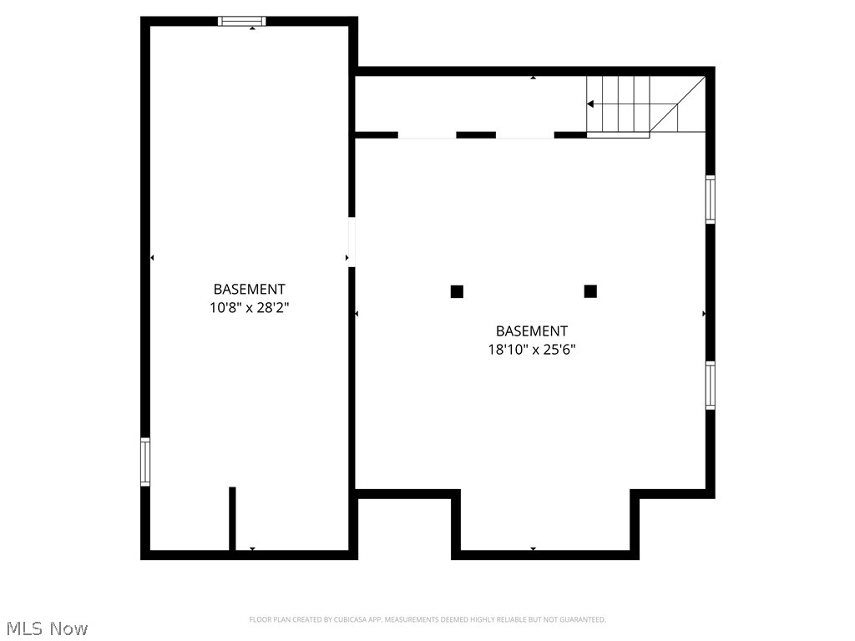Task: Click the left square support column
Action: (x=457, y=291)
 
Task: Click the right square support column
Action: (x=590, y=291)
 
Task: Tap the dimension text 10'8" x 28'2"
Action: (x=249, y=307)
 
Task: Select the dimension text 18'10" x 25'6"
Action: (x=532, y=350)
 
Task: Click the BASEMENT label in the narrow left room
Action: (x=249, y=290)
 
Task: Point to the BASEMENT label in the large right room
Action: (x=532, y=331)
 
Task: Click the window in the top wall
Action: (x=242, y=21)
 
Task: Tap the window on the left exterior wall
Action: (x=145, y=462)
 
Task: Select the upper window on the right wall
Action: (x=711, y=199)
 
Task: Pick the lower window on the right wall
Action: (x=711, y=385)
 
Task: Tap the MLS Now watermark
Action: (x=46, y=628)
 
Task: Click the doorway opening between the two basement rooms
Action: (x=352, y=242)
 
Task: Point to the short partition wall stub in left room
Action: (x=232, y=517)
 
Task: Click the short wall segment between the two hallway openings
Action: (x=476, y=134)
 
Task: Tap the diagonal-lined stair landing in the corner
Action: (x=678, y=104)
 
